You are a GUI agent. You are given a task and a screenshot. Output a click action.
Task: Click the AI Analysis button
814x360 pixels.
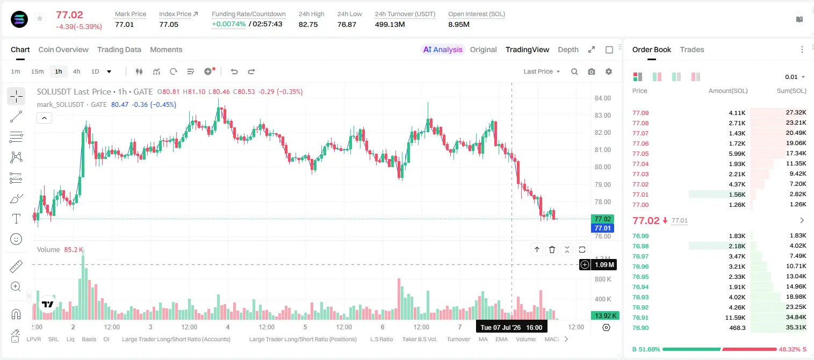[442, 49]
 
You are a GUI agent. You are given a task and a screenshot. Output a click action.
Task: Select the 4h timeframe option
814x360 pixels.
[76, 71]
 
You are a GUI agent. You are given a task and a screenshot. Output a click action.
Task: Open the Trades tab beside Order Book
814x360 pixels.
[692, 49]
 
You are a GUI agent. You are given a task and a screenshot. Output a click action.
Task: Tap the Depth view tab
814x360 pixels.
[568, 49]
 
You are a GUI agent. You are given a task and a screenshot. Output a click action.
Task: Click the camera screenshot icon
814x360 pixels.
[592, 71]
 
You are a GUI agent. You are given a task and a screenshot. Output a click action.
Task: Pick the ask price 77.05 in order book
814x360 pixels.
[640, 154]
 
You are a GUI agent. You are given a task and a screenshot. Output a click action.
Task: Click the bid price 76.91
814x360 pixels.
[640, 318]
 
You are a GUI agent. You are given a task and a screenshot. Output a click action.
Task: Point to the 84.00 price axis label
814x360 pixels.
[602, 98]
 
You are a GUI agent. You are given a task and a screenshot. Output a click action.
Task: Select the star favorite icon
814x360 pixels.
[40, 18]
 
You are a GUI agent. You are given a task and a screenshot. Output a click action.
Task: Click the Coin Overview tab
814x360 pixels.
[63, 49]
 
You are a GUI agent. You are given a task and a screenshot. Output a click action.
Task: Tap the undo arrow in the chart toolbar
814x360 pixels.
[234, 71]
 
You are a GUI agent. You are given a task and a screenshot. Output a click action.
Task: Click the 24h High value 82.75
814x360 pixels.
[308, 24]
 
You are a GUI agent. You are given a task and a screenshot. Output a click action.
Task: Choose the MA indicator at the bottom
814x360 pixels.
[483, 339]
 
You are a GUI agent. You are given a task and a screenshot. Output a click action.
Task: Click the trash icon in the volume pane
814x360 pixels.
[552, 249]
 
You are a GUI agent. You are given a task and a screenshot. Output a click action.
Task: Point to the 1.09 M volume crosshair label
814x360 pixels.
[604, 265]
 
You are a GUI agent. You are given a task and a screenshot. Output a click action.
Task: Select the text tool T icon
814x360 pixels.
[16, 219]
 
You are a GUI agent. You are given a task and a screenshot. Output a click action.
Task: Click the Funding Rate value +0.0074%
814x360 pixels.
[228, 24]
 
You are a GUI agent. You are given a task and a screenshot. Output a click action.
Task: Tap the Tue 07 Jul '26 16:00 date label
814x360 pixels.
[512, 327]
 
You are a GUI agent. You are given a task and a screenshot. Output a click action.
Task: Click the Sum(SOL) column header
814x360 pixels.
[791, 91]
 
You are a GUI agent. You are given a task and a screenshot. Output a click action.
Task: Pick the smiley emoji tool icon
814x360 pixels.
[16, 239]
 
